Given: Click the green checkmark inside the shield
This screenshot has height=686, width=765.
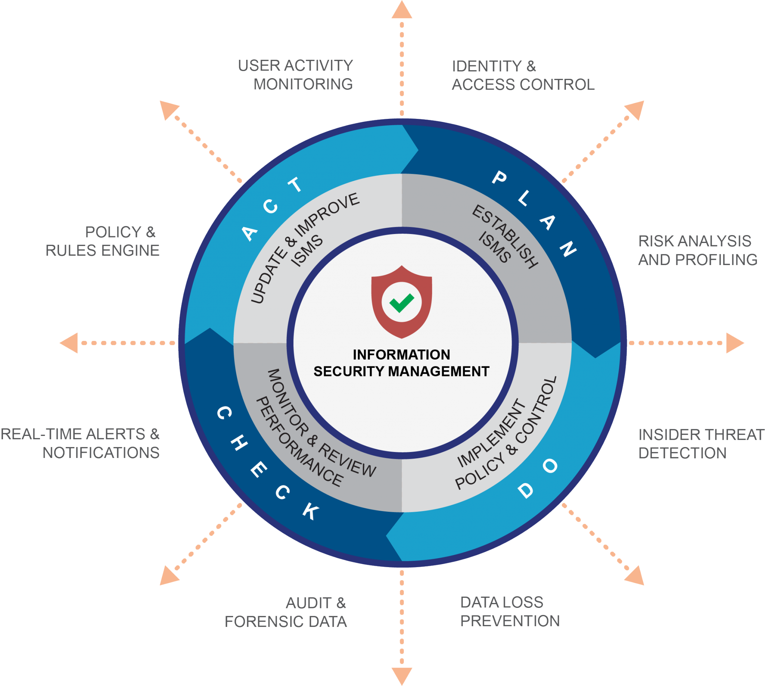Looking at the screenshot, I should point(402,302).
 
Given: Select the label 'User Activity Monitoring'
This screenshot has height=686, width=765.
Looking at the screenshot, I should point(295,75).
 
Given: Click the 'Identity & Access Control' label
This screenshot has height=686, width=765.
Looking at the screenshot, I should point(523,76).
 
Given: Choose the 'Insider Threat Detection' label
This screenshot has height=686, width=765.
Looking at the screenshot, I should point(701,444).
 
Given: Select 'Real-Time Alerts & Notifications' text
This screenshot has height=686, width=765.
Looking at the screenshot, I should point(80,443).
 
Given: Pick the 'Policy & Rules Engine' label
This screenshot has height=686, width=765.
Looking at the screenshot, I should point(102,241).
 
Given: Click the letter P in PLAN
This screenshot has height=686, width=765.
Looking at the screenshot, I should point(499,177).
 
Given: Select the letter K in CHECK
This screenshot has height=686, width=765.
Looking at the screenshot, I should point(312,511).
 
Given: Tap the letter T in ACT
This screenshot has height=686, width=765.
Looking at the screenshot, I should point(296,185).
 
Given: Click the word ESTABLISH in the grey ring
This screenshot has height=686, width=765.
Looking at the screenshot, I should point(505,236).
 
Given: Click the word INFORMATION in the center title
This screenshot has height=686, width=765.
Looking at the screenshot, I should point(402,355).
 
